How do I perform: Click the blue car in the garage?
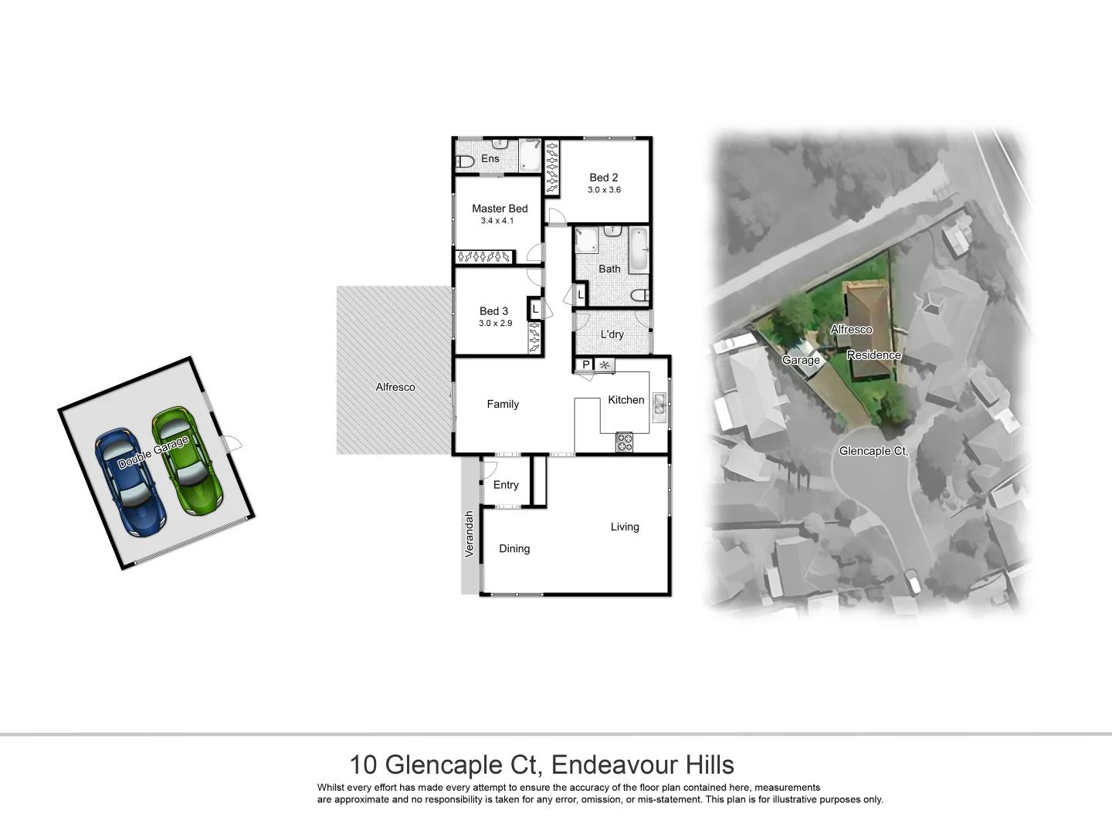(130, 483)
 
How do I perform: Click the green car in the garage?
(188, 461)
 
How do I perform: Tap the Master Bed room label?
(500, 208)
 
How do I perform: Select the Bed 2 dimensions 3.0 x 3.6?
(604, 190)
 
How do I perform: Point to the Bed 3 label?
(493, 311)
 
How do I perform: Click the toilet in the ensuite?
(464, 162)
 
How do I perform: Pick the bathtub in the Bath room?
(639, 249)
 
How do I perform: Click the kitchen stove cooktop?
(624, 442)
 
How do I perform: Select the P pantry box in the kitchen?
(585, 364)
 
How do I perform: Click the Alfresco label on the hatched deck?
(395, 387)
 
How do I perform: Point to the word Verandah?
(468, 534)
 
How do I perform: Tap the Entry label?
(506, 485)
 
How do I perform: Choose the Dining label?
(514, 548)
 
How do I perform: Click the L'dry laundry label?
(612, 334)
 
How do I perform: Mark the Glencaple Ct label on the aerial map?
(873, 451)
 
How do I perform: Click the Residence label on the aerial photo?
(873, 355)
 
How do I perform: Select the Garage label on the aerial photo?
(801, 360)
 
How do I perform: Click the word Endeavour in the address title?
(614, 765)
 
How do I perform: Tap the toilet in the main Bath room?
(639, 296)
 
